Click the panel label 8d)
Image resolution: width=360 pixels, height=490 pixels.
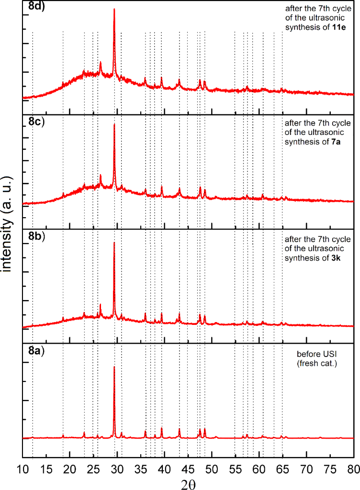coord(35,7)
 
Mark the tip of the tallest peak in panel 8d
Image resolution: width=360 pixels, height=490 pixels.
coord(114,9)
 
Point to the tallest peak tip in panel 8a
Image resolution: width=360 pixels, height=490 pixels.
coord(114,367)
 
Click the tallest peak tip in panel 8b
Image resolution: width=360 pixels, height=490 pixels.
coord(114,243)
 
